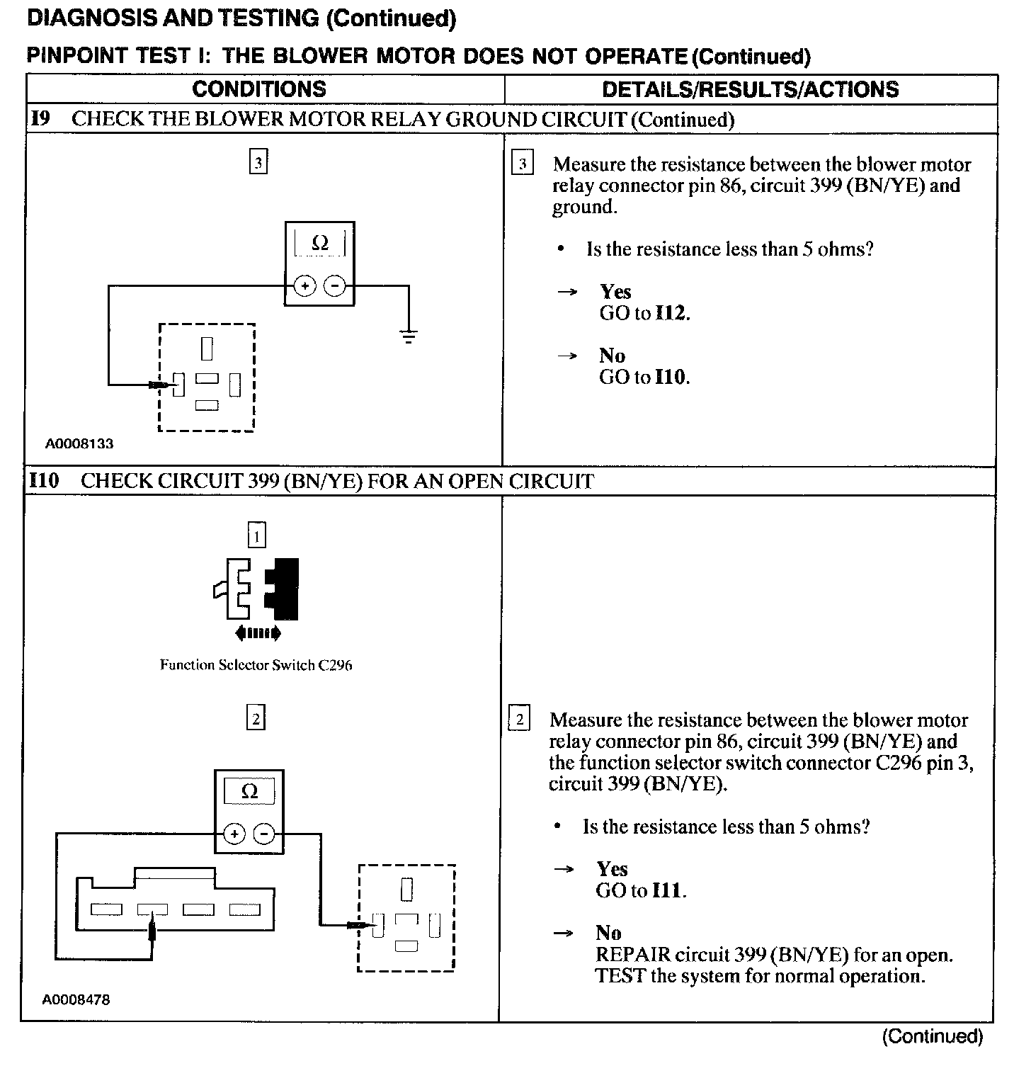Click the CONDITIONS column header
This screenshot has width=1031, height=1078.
pos(259,89)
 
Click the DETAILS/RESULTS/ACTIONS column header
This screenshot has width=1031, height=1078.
pos(750,89)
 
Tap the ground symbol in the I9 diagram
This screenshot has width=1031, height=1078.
pos(409,336)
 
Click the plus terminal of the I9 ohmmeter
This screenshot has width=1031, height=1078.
pos(304,286)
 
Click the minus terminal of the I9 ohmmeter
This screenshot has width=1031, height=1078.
pos(334,286)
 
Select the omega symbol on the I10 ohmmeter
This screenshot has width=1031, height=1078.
pos(249,791)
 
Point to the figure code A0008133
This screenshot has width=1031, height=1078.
pos(79,444)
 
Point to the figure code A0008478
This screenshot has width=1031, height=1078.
pos(76,1000)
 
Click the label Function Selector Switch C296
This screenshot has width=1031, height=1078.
pos(256,665)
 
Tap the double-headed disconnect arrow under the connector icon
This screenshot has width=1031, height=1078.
pos(258,633)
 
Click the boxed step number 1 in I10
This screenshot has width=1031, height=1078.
pos(256,536)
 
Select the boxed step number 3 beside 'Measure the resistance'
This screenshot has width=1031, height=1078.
pos(523,164)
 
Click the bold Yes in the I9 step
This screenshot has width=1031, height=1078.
pos(615,292)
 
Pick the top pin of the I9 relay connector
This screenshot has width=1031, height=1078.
pos(207,348)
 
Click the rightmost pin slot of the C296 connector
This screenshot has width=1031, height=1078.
pos(245,909)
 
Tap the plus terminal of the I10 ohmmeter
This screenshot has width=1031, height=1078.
pos(234,834)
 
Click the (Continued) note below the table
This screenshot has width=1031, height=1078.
pos(932,1036)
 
